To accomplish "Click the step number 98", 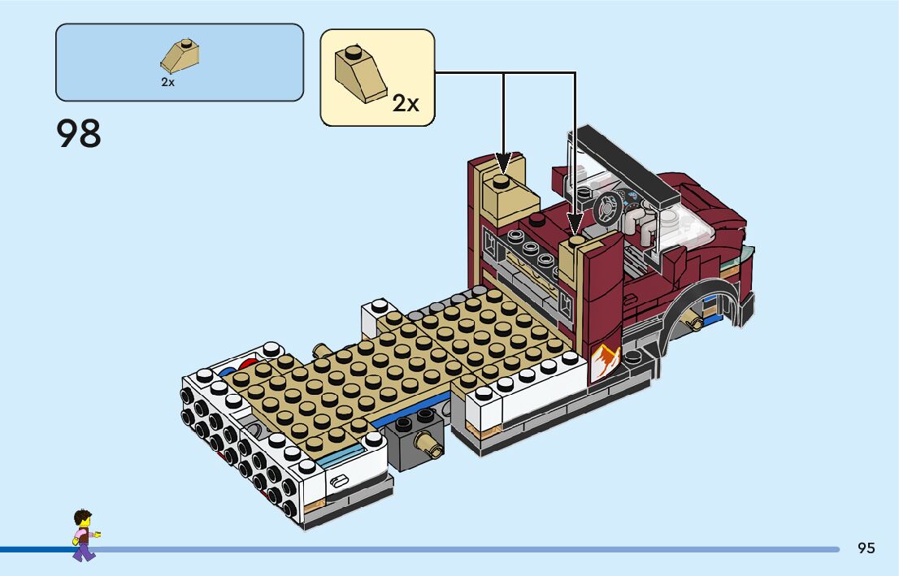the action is coord(79,134).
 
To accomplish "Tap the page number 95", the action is coord(866,548).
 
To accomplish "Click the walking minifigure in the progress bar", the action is coord(83,535).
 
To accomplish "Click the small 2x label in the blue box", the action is coord(167,82).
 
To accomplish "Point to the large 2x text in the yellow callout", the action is coord(405,103).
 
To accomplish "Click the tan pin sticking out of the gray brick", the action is coord(430,443).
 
